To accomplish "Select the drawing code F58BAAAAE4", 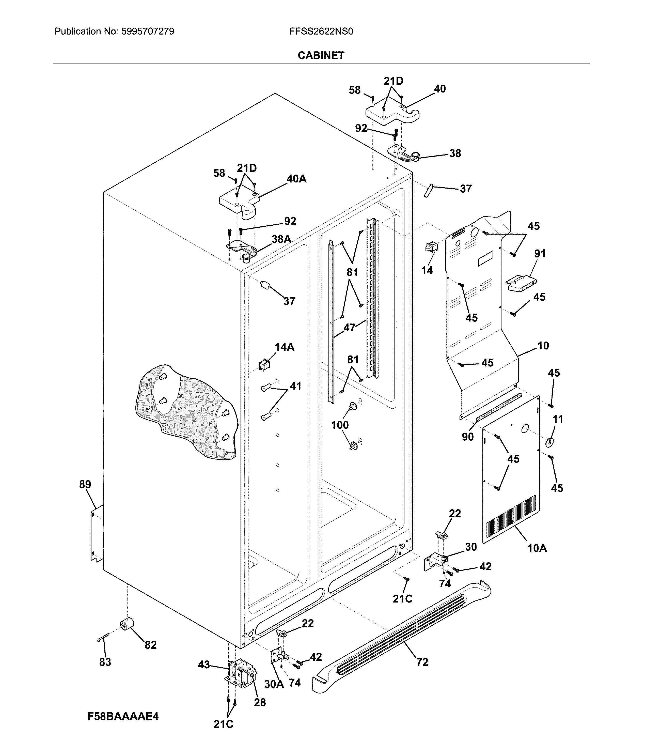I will [x=123, y=716].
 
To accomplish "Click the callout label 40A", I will [x=296, y=179].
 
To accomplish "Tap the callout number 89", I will [x=85, y=484].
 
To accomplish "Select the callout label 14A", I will [x=284, y=347].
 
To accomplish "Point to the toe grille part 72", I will [x=401, y=640].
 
